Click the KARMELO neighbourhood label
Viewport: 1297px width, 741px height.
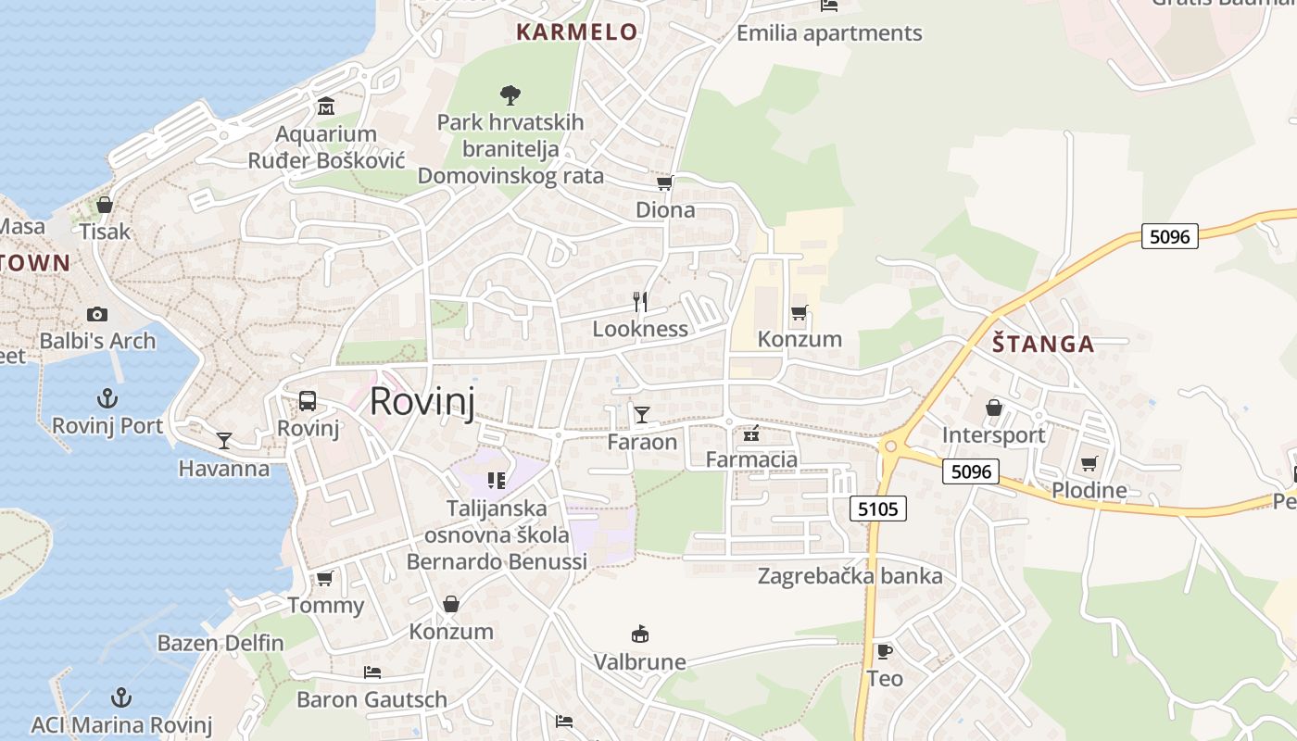[x=576, y=32]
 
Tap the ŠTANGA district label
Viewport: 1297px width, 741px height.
[x=1043, y=345]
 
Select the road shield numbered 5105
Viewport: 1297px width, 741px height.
[x=876, y=508]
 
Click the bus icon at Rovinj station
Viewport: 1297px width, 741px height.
[x=308, y=401]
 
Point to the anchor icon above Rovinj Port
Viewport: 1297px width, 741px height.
[x=107, y=398]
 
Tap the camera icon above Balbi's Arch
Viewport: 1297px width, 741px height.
[x=96, y=315]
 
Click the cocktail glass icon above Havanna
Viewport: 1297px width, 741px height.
[x=224, y=440]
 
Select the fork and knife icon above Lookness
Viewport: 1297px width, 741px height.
[x=639, y=302]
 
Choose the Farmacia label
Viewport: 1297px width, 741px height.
[x=751, y=459]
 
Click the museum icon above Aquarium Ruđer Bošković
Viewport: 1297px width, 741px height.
[x=325, y=107]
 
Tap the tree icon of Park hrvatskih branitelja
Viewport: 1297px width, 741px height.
[x=510, y=94]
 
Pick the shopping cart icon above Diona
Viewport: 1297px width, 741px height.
[x=664, y=182]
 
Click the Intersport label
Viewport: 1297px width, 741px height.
[x=993, y=435]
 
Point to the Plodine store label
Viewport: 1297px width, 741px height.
[x=1089, y=491]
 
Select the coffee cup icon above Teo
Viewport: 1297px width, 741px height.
[x=885, y=651]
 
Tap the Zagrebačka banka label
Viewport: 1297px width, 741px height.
[x=850, y=576]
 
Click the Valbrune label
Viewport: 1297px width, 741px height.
[x=639, y=662]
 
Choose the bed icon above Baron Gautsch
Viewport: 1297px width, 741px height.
[x=372, y=672]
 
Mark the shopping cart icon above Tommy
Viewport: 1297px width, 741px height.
[x=324, y=578]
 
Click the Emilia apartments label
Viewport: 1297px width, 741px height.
[x=829, y=33]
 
